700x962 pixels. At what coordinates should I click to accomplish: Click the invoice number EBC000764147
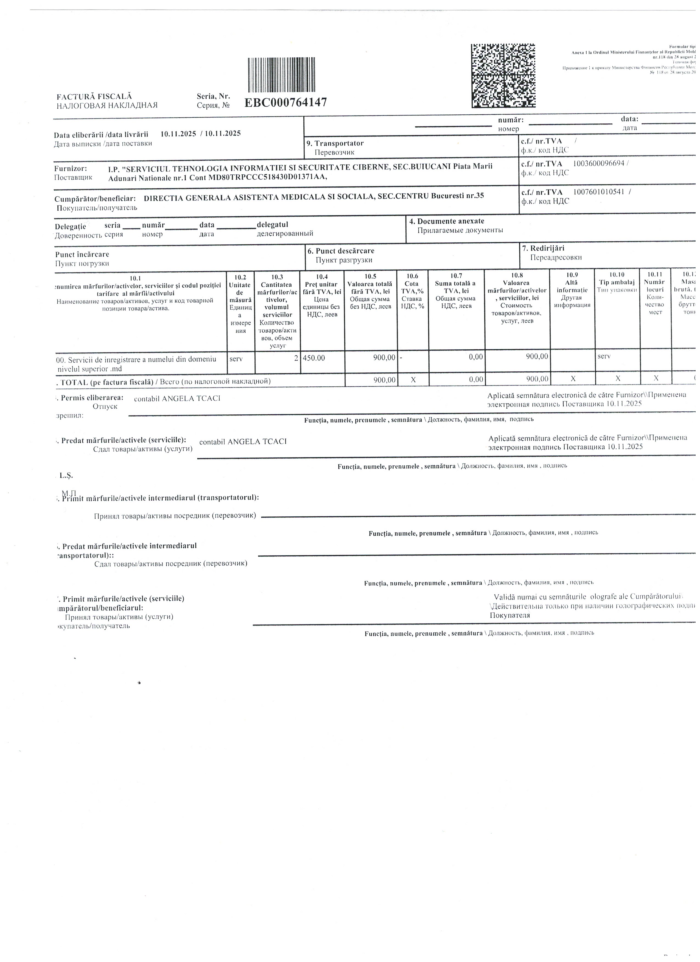[x=286, y=103]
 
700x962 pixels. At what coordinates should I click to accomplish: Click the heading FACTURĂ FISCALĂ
[x=94, y=97]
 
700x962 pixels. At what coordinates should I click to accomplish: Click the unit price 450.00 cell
[x=314, y=358]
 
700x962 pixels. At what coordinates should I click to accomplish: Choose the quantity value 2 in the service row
[x=296, y=358]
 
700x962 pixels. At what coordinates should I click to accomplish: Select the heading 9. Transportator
[x=335, y=143]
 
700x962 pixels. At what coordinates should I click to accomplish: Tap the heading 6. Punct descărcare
[x=341, y=251]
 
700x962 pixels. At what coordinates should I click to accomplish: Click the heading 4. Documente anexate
[x=447, y=221]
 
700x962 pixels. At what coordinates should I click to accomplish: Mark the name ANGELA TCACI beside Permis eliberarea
[x=191, y=398]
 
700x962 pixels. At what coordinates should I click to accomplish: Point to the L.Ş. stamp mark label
[x=66, y=476]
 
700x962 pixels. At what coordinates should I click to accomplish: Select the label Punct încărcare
[x=82, y=254]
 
